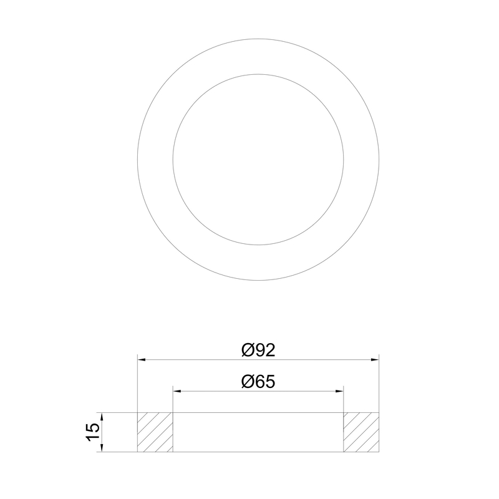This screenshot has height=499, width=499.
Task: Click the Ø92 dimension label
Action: [258, 350]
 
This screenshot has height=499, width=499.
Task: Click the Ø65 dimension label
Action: [258, 382]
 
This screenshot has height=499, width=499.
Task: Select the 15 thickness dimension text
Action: [93, 432]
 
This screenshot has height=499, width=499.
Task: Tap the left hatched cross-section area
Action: [155, 432]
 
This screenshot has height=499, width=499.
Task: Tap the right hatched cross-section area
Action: [361, 432]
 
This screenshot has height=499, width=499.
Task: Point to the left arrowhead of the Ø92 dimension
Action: [142, 360]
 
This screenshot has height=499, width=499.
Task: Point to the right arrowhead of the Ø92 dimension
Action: [375, 360]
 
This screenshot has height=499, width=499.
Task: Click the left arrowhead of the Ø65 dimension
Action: [177, 391]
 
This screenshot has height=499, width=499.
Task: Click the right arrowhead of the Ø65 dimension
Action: [339, 391]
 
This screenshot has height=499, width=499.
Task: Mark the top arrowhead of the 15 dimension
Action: [102, 417]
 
